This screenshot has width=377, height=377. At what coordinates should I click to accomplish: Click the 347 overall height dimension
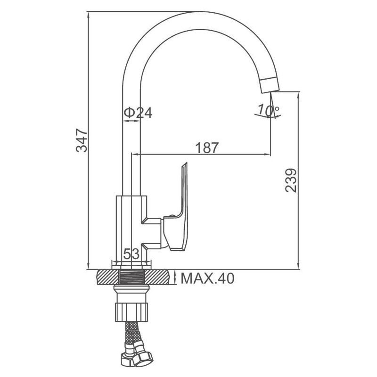82,140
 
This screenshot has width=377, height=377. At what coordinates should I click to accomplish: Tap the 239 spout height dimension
291,180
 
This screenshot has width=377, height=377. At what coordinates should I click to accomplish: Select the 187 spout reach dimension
207,148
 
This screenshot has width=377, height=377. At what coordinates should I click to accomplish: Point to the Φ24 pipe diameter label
138,113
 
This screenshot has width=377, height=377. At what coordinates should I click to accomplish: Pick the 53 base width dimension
131,254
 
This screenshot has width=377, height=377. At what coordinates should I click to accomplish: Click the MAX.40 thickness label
207,278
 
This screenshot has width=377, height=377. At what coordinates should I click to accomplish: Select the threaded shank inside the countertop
131,277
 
